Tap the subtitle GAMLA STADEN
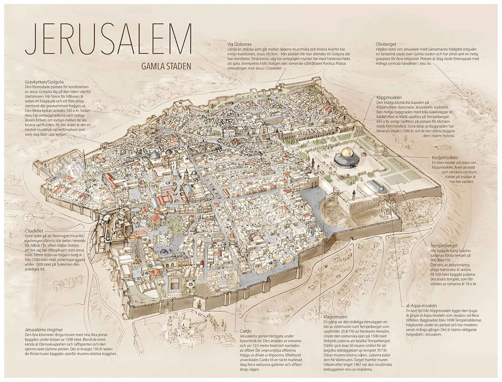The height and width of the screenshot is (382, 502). pos(166,67)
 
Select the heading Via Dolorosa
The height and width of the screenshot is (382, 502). pos(239,44)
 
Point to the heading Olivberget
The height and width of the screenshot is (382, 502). pos(386,44)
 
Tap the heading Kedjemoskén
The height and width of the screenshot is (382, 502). pos(445,158)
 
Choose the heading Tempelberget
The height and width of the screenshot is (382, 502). pos(444,246)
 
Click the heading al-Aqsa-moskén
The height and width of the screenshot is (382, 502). pos(421,306)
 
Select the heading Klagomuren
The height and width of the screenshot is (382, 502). pos(335,317)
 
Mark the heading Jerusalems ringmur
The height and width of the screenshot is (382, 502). pos(44,330)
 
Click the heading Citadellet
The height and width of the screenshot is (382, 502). pos(34,231)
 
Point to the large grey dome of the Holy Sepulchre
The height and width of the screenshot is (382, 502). pos(155,155)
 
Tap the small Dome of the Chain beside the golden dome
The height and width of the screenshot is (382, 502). pos(364,154)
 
